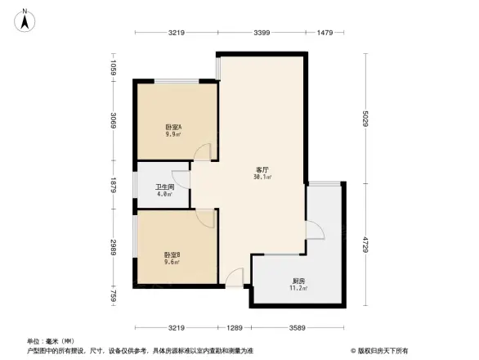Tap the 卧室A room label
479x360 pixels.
172,128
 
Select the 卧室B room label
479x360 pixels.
172,255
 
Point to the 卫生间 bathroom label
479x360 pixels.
165,187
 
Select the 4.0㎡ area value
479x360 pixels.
165,194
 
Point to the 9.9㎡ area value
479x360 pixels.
172,136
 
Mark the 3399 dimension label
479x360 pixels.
262,33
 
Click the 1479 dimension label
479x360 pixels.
325,33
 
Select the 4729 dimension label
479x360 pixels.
366,245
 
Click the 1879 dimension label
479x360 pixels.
115,186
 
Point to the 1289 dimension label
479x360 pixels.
235,327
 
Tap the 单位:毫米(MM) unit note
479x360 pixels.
50,341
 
